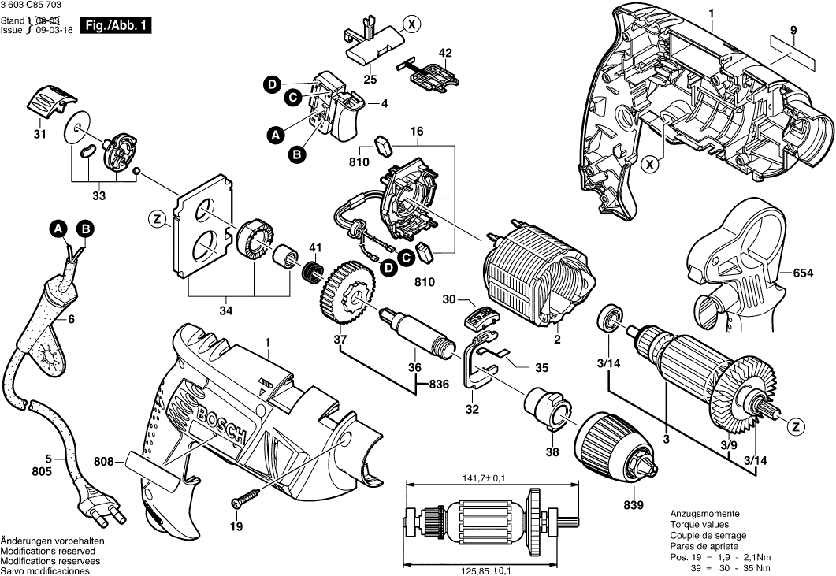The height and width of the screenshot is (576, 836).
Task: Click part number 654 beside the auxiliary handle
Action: (803, 273)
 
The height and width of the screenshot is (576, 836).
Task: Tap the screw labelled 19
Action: (244, 500)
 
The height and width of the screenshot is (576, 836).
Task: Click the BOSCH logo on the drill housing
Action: (223, 426)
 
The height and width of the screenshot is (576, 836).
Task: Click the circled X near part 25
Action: (409, 24)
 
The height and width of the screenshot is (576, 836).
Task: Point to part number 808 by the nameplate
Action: (105, 462)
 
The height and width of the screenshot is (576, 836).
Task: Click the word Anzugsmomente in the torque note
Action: (704, 513)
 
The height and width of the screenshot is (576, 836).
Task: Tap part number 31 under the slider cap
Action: (39, 135)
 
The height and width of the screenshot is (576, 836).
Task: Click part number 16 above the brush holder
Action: (416, 130)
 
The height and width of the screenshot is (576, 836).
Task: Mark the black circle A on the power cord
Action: (58, 229)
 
